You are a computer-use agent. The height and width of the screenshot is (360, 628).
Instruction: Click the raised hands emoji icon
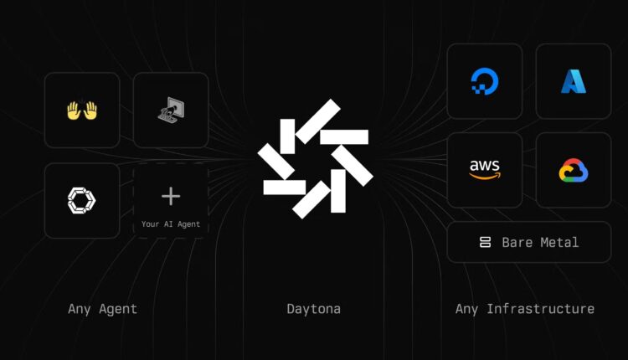81,110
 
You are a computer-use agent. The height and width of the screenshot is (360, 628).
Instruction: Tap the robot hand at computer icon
171,110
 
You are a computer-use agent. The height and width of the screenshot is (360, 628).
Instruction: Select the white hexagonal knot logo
81,199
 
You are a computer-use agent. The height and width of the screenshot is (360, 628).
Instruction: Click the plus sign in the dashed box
171,196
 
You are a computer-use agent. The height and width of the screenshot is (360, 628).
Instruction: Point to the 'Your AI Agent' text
171,224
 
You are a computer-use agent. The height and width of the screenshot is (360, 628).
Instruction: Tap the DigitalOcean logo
484,80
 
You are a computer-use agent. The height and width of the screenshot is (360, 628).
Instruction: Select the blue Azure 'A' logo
574,80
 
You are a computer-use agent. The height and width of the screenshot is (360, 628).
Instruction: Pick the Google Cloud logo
574,170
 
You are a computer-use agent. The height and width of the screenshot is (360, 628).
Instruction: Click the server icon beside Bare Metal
484,242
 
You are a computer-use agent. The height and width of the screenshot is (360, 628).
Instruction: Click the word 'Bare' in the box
517,242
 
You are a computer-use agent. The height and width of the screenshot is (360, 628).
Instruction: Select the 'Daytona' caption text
313,309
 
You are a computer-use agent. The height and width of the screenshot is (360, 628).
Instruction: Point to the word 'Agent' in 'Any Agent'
117,309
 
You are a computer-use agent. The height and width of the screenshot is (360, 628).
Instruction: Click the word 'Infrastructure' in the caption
540,309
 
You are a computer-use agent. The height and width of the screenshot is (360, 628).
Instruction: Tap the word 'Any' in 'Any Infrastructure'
466,309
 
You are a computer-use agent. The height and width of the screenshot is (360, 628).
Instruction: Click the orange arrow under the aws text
485,176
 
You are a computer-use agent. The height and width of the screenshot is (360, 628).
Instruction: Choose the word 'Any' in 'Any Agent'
79,309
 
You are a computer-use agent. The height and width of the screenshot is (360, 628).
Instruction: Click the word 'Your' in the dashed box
150,224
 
